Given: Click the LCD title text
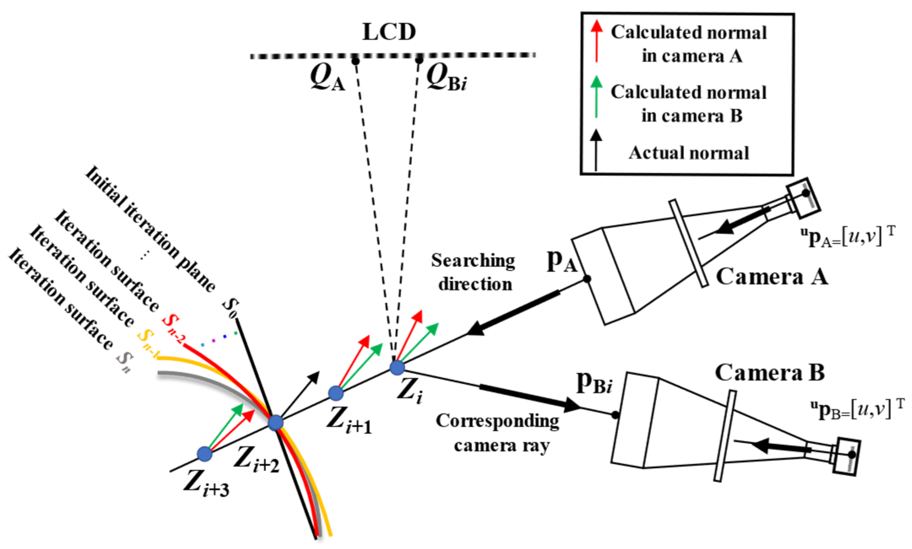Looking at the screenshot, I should click(x=389, y=32).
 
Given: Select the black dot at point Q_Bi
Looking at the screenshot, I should click(x=419, y=61).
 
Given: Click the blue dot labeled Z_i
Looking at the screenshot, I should click(x=397, y=367).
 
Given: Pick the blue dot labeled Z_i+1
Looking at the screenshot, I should click(x=336, y=393).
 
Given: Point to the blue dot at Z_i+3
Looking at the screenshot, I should click(x=205, y=454).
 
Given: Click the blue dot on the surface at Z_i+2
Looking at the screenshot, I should click(x=275, y=422).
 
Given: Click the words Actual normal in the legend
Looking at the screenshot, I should click(x=689, y=153).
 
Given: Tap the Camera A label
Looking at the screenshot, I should click(x=772, y=277).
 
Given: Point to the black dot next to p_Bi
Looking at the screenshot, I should click(x=615, y=415).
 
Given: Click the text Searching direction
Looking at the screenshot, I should click(x=474, y=272).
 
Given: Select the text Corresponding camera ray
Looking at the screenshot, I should click(x=498, y=433).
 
